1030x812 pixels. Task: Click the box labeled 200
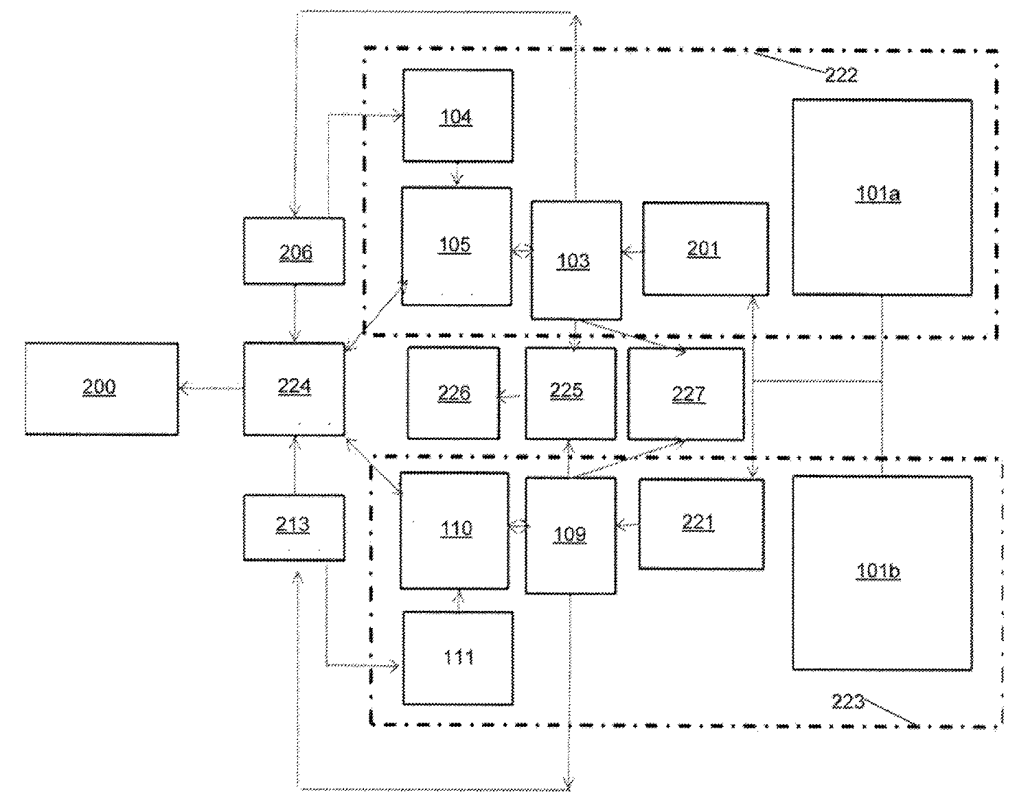(x=102, y=388)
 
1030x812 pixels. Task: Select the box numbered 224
(x=294, y=388)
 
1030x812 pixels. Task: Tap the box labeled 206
(x=294, y=251)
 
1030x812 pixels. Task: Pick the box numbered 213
(x=294, y=527)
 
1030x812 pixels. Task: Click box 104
(x=458, y=116)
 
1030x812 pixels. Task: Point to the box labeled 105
(x=457, y=246)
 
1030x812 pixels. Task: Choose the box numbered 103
(x=576, y=260)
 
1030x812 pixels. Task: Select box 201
(x=705, y=248)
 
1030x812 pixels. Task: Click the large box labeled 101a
(x=882, y=197)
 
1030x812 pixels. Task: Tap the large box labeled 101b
(x=882, y=572)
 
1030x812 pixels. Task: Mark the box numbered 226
(x=453, y=393)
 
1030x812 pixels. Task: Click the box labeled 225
(x=571, y=393)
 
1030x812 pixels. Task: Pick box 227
(x=686, y=394)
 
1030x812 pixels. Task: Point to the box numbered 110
(x=455, y=531)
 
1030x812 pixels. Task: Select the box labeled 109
(x=571, y=535)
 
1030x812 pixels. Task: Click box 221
(x=701, y=524)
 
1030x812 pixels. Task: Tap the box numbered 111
(x=458, y=658)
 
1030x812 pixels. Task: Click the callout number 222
(x=841, y=75)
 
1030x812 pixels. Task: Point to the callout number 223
(x=847, y=701)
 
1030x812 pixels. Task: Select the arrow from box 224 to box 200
(x=211, y=388)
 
